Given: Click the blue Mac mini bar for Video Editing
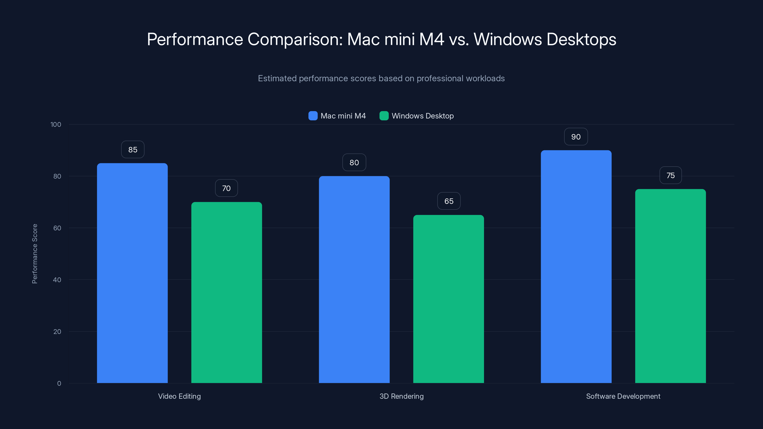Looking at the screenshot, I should (x=132, y=272).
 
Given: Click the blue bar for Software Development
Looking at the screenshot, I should (x=576, y=266).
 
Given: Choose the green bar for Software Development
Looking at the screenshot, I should (x=670, y=286).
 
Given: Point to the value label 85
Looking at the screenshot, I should (x=133, y=149).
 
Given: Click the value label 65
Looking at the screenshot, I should (x=449, y=201).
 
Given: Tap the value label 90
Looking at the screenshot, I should (x=576, y=137).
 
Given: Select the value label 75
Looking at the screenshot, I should (x=670, y=175).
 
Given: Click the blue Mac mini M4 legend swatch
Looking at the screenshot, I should (x=313, y=116).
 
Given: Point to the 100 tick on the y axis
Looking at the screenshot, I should (x=56, y=124).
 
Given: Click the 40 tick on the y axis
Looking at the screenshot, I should (x=57, y=280).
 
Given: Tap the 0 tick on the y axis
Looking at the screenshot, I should (x=59, y=383).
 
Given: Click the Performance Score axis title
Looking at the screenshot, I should (x=35, y=254).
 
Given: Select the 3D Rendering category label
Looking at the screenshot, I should (x=401, y=396).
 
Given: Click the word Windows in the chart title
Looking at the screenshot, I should (x=508, y=39).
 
